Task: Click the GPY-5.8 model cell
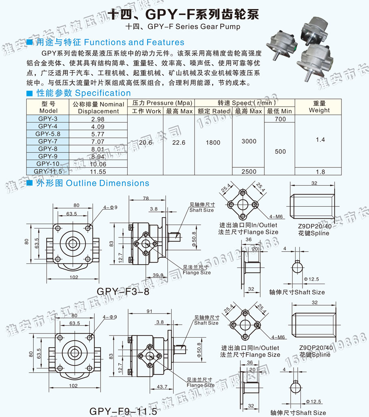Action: tap(47, 134)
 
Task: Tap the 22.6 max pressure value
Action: tap(178, 143)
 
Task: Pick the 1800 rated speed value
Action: tap(213, 143)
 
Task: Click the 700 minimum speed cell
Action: tap(280, 119)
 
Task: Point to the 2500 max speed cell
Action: tap(249, 171)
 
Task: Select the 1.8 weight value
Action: tap(320, 172)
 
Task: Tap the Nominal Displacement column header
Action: tap(98, 108)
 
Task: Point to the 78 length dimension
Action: tap(146, 198)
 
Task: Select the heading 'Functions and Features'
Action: tap(134, 42)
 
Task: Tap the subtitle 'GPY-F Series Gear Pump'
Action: tap(194, 27)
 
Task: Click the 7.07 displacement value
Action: tap(98, 141)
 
